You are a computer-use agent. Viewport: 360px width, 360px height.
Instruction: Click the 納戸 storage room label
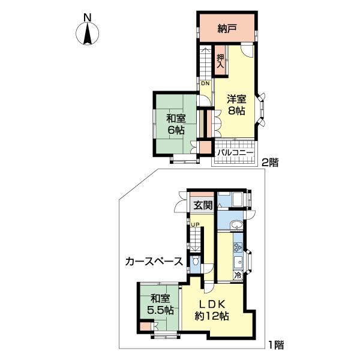[227, 29]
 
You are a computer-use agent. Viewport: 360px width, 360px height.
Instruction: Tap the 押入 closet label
[220, 61]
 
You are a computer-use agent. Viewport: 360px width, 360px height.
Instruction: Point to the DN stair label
[205, 83]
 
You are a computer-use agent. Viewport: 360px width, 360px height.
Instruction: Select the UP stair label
[196, 224]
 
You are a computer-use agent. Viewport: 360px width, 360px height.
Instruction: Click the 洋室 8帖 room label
[236, 105]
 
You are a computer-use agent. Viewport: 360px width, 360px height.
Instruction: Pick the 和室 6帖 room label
[176, 125]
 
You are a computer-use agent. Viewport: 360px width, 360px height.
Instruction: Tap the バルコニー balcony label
[236, 152]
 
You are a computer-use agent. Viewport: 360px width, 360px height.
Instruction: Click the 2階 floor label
[270, 163]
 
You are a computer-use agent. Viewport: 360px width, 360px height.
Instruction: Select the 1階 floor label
[276, 345]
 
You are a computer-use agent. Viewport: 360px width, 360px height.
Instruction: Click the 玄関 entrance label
[203, 205]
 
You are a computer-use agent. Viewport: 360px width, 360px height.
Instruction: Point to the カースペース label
[154, 262]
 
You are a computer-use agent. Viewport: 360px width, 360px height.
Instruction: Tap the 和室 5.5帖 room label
[160, 305]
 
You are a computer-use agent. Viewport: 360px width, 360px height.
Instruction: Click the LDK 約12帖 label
[211, 310]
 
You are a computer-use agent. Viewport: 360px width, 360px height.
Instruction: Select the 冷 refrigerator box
[238, 275]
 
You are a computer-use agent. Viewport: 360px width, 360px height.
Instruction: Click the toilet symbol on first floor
[196, 261]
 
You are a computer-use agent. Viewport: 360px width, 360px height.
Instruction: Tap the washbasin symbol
[236, 224]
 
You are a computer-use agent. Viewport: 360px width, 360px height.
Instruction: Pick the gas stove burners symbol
[238, 247]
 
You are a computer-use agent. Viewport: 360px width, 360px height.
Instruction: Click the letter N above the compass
[87, 17]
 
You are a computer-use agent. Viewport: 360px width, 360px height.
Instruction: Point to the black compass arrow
[87, 34]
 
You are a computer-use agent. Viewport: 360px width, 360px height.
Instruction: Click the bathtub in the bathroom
[238, 200]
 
